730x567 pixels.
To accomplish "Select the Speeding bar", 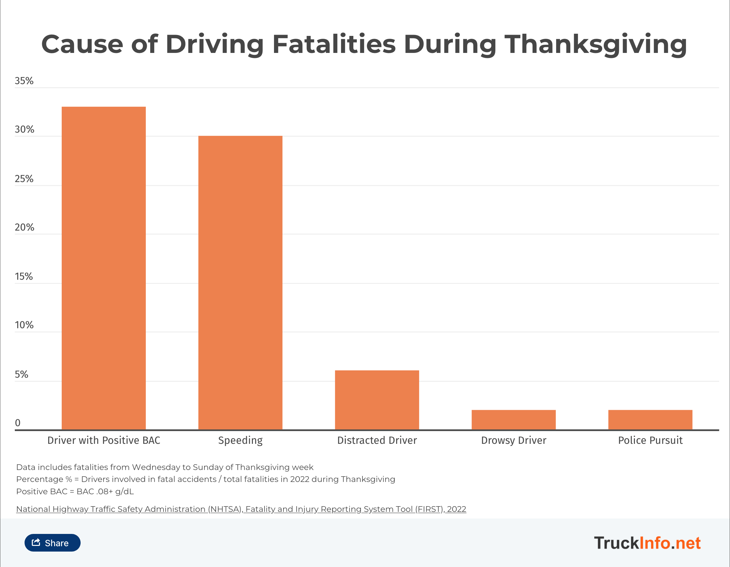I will (240, 283).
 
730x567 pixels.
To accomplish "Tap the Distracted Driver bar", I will (377, 400).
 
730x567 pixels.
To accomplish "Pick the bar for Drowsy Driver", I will (513, 420).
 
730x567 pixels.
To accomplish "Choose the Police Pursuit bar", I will (650, 420).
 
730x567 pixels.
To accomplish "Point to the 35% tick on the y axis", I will (24, 81).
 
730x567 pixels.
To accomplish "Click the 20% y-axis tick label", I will (24, 227).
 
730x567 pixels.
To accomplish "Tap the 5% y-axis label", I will (21, 375).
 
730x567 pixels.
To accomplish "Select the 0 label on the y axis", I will (18, 423).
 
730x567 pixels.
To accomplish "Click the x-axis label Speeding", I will (240, 440).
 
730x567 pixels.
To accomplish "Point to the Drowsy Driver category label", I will (513, 440).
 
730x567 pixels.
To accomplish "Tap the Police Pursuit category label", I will (650, 440).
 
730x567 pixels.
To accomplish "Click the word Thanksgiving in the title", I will (595, 44).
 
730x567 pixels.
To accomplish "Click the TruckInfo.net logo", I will (647, 543).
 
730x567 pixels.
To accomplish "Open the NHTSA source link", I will (241, 509).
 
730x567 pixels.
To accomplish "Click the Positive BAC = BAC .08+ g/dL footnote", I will (75, 491).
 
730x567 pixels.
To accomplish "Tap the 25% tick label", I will (24, 179).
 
